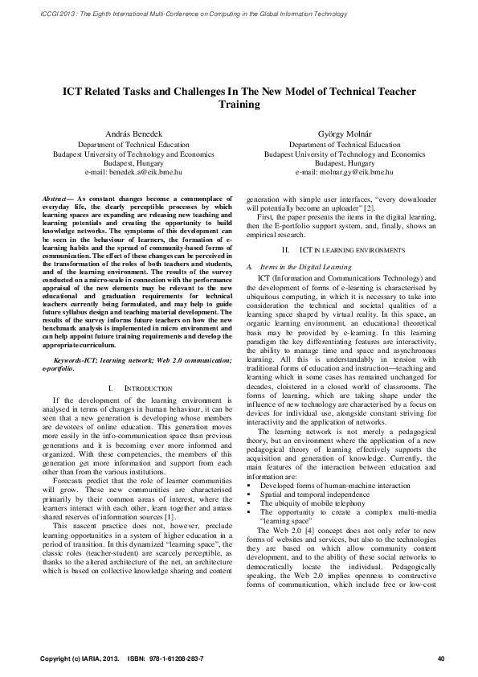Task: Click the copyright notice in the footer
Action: click(79, 659)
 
